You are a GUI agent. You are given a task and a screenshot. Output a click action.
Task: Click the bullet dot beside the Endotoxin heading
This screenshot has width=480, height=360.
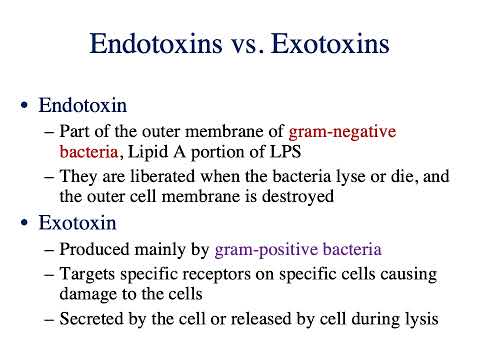[x=24, y=105]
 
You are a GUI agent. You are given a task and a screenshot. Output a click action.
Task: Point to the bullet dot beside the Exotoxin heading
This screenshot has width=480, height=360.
[x=24, y=223]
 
